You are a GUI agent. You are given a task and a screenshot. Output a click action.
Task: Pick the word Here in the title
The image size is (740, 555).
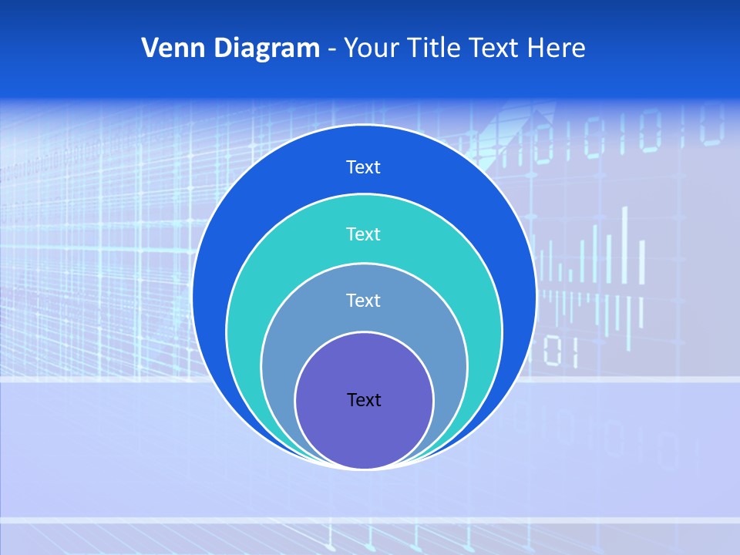(556, 49)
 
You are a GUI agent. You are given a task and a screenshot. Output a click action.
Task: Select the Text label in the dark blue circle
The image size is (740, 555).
(364, 167)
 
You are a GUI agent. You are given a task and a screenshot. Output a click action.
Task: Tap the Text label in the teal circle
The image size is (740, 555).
(364, 234)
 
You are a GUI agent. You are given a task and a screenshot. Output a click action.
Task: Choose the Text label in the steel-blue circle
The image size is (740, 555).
(364, 300)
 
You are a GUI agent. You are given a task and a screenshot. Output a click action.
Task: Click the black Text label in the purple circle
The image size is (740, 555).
(364, 399)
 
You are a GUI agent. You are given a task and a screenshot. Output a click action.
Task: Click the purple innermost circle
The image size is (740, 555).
(364, 432)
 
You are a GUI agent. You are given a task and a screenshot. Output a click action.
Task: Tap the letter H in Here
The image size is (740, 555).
(536, 49)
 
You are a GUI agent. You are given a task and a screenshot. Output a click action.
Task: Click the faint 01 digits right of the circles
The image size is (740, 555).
(560, 351)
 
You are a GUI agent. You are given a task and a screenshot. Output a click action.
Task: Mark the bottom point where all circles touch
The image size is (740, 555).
(364, 468)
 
